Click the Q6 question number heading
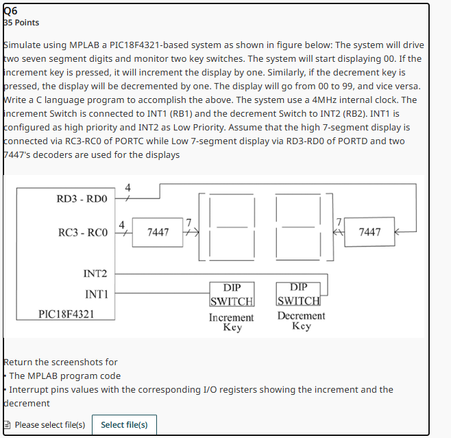11,10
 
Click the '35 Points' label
22,23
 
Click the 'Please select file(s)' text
49,424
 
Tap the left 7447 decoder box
158,232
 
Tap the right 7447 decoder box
369,232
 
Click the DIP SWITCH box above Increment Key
232,294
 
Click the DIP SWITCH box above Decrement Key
298,294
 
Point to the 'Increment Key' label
232,323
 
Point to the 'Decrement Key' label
301,321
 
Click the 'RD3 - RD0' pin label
82,199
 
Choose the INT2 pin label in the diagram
95,274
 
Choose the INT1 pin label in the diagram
95,294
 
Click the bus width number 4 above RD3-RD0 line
127,188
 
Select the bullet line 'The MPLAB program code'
64,376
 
